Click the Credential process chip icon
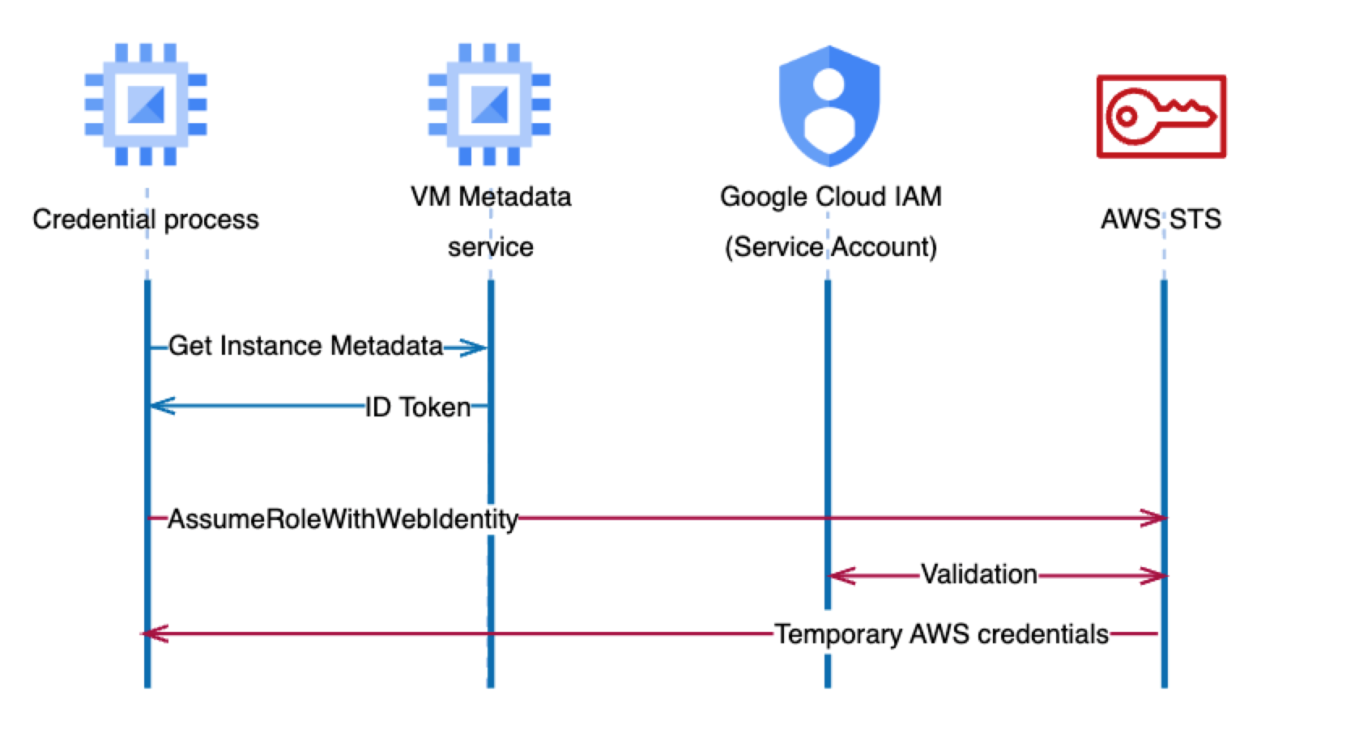click(x=146, y=105)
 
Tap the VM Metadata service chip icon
click(x=489, y=105)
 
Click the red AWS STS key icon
click(x=1161, y=117)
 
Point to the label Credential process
click(x=146, y=220)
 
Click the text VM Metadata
click(x=491, y=197)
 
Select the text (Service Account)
click(x=830, y=247)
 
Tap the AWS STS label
click(x=1161, y=220)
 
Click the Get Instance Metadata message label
click(x=305, y=347)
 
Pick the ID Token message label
click(x=418, y=407)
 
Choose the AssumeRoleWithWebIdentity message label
click(x=343, y=518)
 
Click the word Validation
click(x=978, y=574)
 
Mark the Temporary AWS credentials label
click(x=941, y=634)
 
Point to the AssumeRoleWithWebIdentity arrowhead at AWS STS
click(x=1153, y=518)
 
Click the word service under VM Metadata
click(x=491, y=247)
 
